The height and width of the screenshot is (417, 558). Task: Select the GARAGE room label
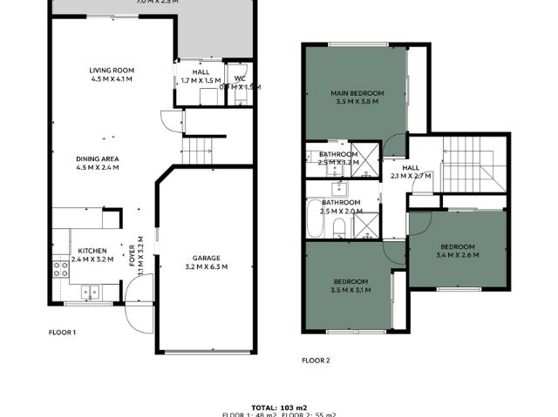tap(207, 258)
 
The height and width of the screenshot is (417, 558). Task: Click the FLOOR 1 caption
tap(62, 332)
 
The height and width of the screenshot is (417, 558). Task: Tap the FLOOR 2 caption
tap(316, 360)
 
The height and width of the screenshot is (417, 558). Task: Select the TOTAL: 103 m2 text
tap(278, 407)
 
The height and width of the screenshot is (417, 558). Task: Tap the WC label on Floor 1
tap(239, 78)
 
